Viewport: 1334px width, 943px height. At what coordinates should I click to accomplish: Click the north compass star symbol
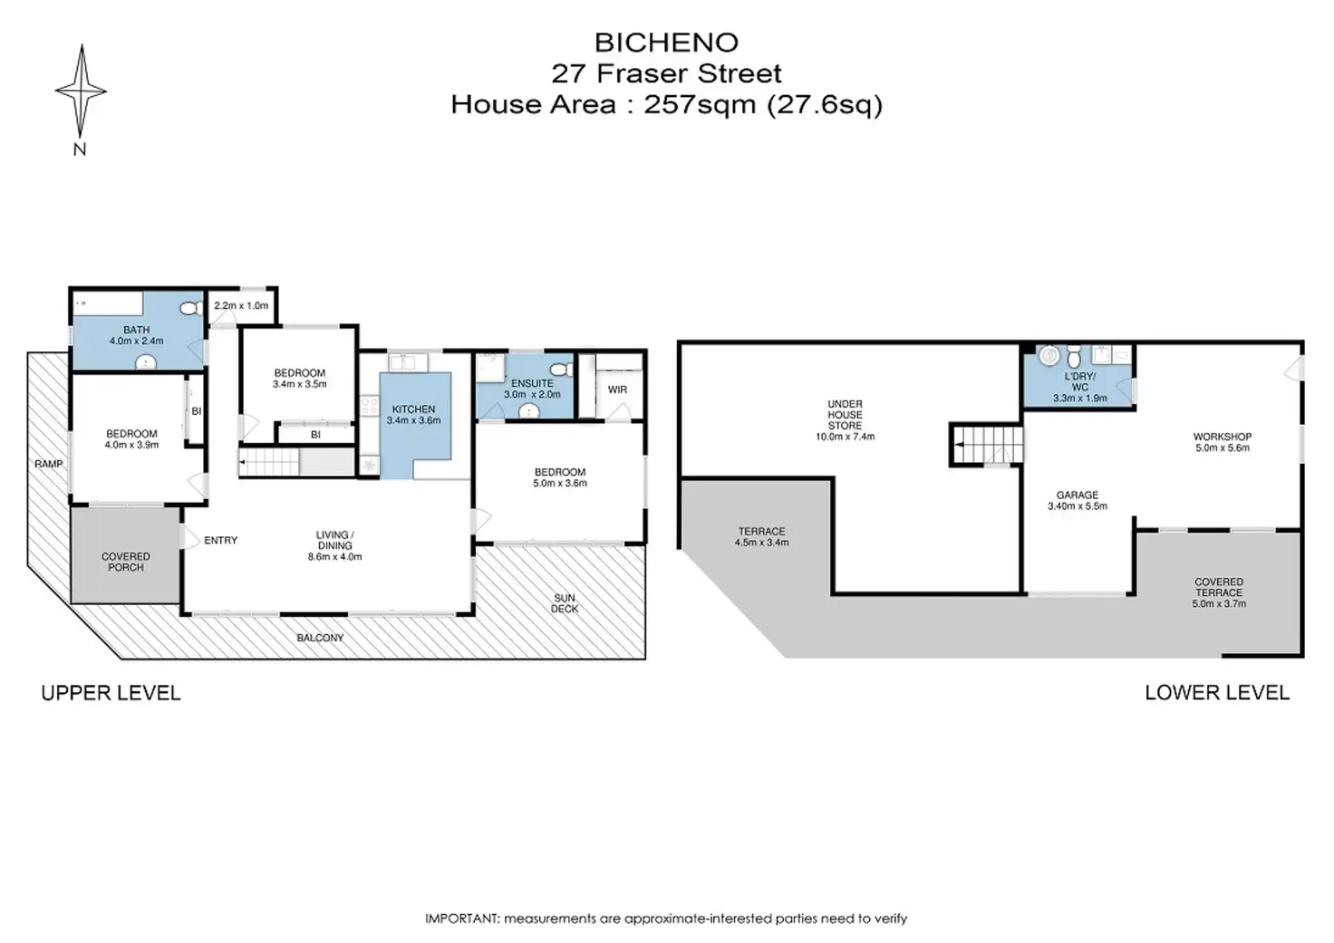(x=81, y=91)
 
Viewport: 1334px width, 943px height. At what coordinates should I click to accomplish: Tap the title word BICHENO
(x=666, y=43)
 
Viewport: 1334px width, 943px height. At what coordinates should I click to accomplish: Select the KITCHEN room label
(x=413, y=409)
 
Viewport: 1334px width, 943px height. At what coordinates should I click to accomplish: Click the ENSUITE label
(x=532, y=383)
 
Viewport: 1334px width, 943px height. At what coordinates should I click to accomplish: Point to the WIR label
(x=617, y=390)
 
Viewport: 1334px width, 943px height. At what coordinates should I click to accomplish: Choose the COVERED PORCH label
(x=126, y=562)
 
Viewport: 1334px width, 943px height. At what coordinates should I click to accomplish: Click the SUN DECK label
(x=564, y=603)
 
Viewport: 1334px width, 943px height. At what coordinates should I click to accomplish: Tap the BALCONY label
(x=321, y=638)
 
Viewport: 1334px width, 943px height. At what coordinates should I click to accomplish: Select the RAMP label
(x=48, y=464)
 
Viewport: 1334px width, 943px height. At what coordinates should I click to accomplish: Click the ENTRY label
(x=221, y=540)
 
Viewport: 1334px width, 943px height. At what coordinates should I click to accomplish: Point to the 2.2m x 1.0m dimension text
(x=241, y=305)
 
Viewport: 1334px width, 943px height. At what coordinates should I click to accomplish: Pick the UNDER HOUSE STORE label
(x=845, y=414)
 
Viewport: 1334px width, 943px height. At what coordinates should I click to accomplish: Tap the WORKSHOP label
(x=1223, y=437)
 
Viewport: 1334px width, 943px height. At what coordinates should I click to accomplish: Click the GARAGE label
(x=1078, y=495)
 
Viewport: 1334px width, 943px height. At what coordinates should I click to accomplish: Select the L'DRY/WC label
(x=1079, y=381)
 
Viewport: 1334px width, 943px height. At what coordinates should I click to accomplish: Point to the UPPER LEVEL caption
(x=111, y=693)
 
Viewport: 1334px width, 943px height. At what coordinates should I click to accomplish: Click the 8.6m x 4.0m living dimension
(x=334, y=556)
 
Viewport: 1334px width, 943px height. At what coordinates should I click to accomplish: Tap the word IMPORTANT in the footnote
(x=461, y=919)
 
